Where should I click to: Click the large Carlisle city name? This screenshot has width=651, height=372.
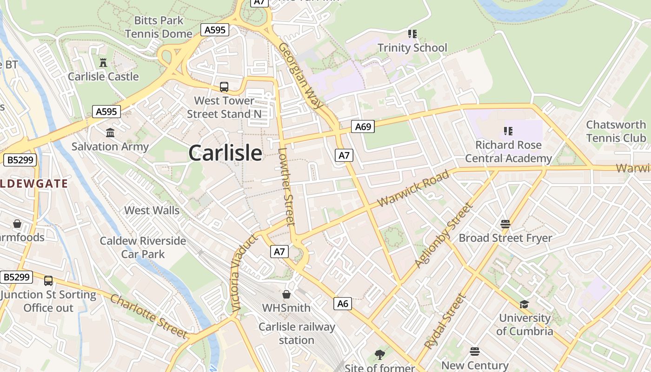click(226, 153)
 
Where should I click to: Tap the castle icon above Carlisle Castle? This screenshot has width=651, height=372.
click(103, 62)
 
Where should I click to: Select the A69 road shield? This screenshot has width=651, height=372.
click(363, 126)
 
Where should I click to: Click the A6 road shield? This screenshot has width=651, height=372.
click(342, 304)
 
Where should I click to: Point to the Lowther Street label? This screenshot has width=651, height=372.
click(286, 186)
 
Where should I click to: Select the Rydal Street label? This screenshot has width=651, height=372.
click(445, 322)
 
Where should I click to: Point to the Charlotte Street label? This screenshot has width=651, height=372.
click(148, 316)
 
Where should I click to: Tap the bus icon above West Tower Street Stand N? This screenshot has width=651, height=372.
click(224, 87)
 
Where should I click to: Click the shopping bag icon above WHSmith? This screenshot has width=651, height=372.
click(286, 294)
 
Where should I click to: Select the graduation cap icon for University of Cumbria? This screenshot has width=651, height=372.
click(524, 305)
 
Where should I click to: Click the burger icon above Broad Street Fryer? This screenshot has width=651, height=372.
click(505, 225)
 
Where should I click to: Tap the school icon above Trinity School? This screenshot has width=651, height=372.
click(412, 34)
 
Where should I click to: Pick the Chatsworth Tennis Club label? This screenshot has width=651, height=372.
click(616, 131)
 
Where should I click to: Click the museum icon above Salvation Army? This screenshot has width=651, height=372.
click(110, 133)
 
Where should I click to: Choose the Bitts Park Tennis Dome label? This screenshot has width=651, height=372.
click(159, 27)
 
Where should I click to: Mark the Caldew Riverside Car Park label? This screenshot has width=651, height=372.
click(143, 247)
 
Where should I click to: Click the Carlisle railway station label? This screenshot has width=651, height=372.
click(297, 333)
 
